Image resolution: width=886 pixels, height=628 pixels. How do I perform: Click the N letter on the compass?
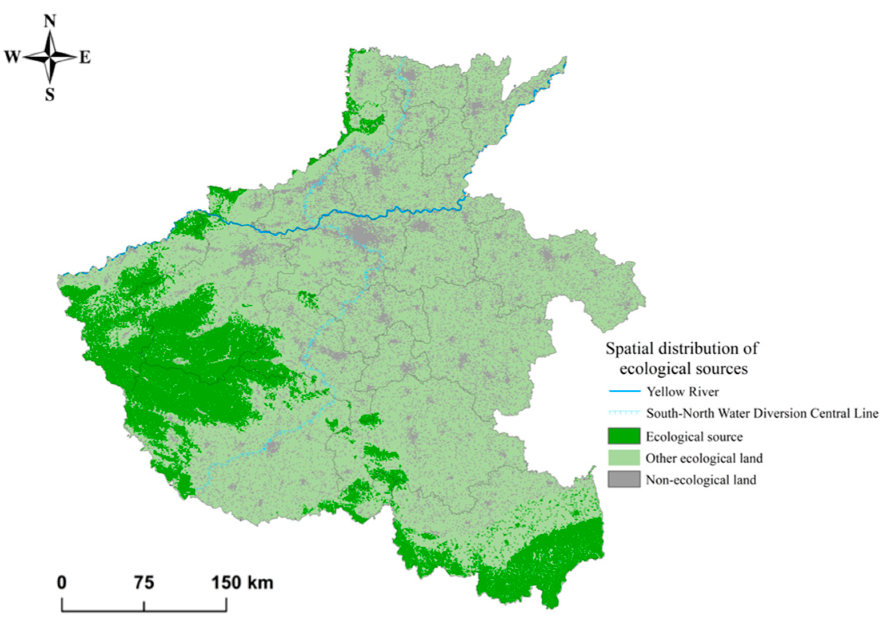(50, 21)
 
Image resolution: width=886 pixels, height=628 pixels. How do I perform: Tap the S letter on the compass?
(49, 95)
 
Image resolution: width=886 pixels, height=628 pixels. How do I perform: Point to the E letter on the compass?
(85, 58)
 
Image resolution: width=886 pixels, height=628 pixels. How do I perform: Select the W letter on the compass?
(12, 57)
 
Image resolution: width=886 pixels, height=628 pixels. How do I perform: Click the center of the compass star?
(50, 58)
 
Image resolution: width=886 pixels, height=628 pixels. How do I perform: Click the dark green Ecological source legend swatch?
(624, 436)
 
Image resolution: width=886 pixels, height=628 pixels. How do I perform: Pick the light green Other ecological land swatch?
(624, 458)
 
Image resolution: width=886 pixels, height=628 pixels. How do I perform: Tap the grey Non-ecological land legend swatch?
(624, 479)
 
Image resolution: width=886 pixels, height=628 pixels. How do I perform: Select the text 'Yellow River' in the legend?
(683, 392)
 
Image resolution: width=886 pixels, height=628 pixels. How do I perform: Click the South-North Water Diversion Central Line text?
(762, 413)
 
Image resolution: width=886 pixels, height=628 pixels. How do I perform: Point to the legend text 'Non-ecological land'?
(701, 480)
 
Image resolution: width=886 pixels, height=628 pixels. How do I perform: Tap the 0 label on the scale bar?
(61, 582)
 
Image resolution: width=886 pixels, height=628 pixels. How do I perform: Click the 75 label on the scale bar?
(144, 582)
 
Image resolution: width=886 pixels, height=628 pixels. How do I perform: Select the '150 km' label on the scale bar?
(242, 582)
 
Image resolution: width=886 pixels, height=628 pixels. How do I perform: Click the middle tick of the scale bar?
(144, 606)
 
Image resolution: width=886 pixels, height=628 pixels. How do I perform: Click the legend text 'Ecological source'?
(694, 437)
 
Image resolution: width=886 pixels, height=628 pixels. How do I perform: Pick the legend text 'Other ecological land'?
(704, 458)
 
